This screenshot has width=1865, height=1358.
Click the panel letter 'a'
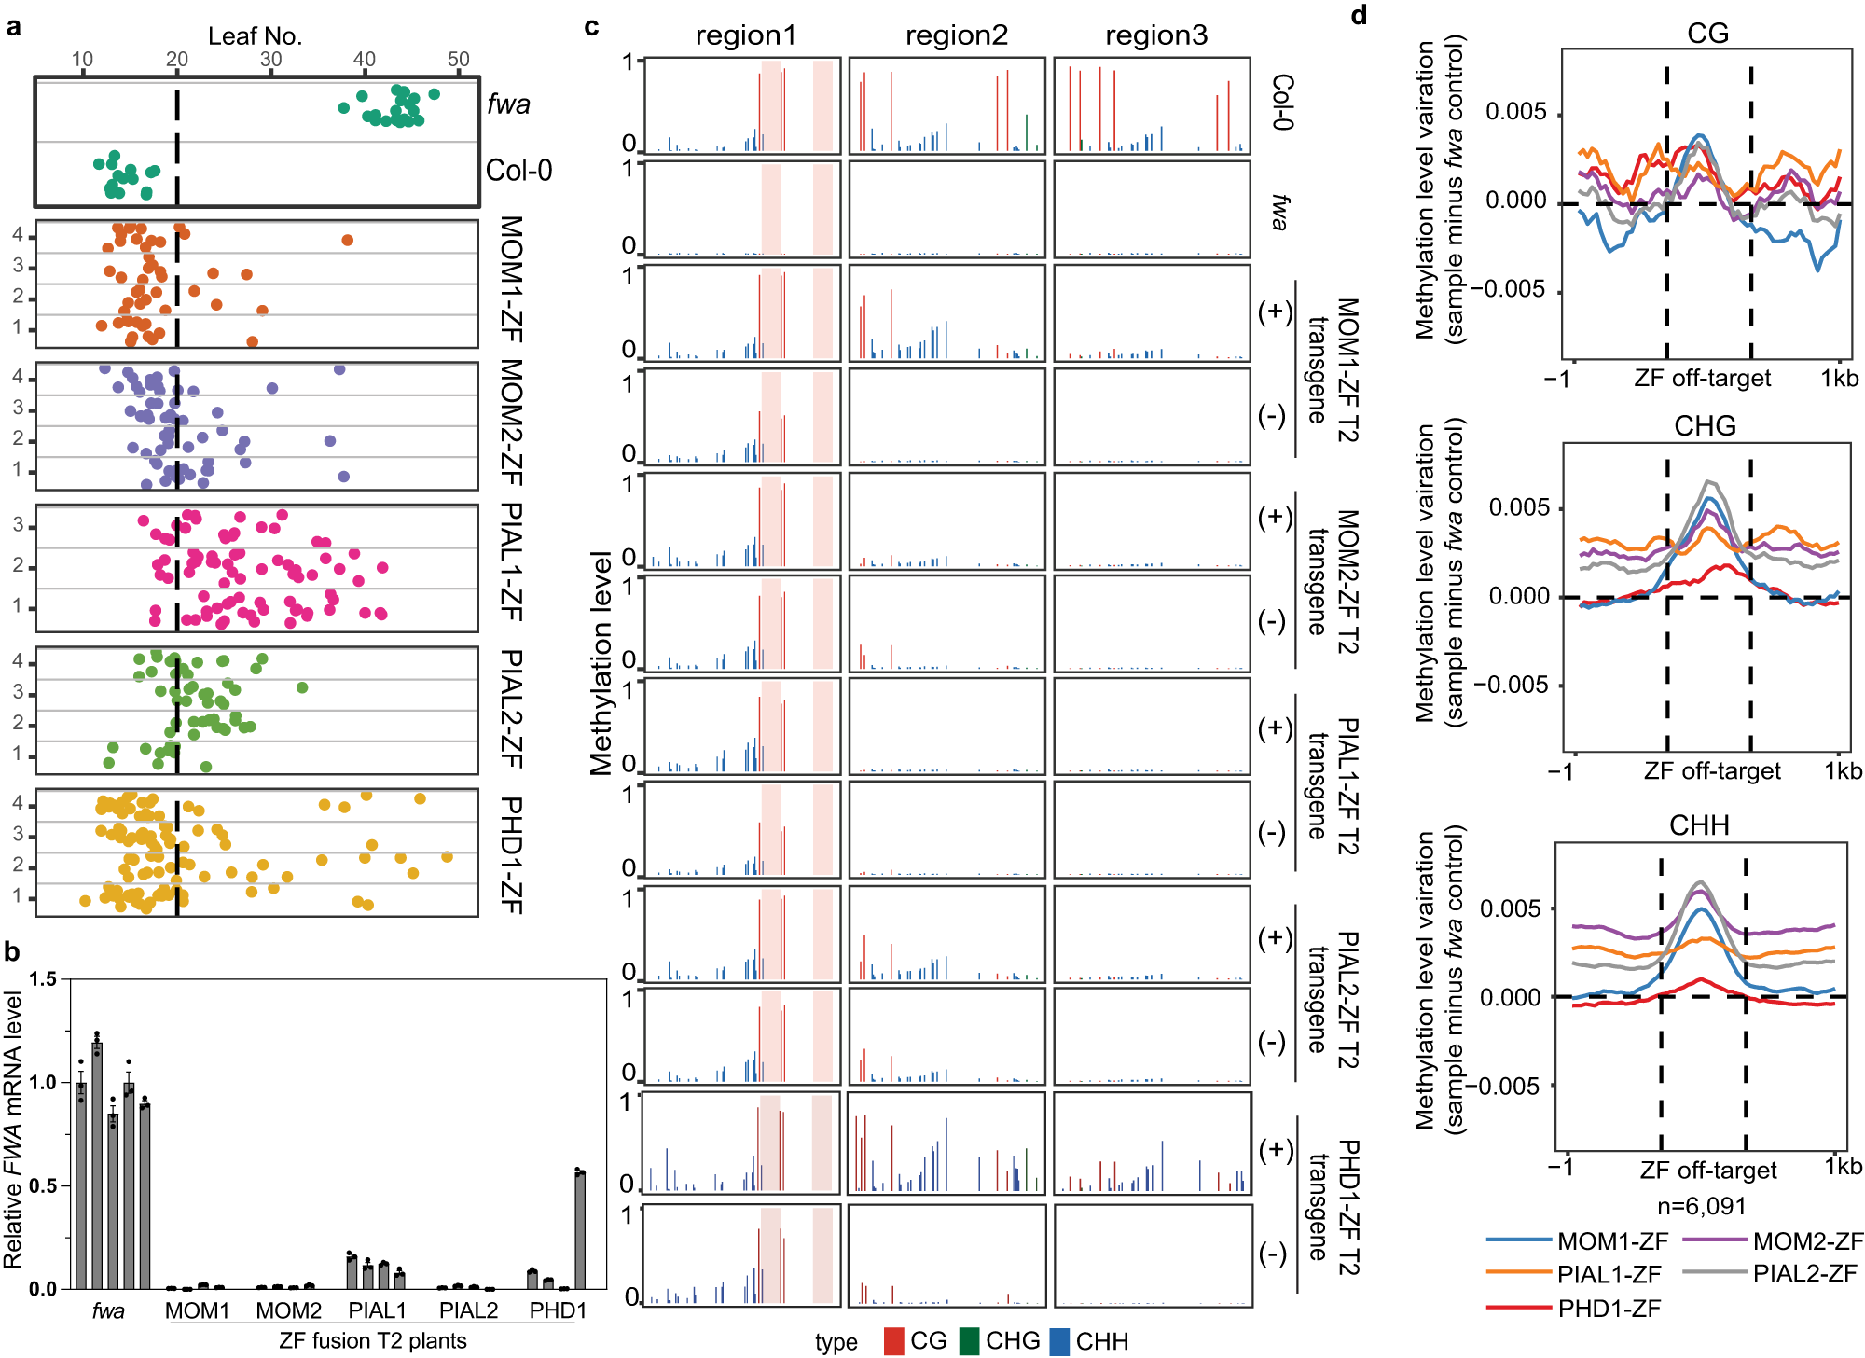coord(13,26)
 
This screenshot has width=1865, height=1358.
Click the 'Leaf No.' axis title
coord(255,36)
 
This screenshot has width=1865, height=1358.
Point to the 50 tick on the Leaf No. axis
coord(458,60)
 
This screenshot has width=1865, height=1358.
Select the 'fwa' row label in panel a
coord(508,104)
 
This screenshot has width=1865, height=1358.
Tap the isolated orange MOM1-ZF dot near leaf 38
coord(347,241)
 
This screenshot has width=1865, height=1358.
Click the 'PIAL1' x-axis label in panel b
coord(377,1310)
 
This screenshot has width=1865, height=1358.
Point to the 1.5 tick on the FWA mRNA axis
coord(43,979)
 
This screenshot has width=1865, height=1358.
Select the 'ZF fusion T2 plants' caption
coord(372,1340)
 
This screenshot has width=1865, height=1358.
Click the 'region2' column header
coord(956,35)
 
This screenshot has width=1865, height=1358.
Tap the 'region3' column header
coord(1155,35)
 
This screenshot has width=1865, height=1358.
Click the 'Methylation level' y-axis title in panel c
coord(601,662)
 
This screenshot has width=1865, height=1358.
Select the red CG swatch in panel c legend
coord(893,1341)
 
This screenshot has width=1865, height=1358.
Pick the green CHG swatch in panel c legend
coord(969,1341)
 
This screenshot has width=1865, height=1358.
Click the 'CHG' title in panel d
coord(1705,426)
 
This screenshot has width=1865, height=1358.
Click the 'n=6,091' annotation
coord(1701,1206)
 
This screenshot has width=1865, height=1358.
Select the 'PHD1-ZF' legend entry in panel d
coord(1609,1309)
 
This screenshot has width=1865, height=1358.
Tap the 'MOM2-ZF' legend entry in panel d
coord(1807,1241)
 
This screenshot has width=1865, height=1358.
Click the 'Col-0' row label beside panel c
coord(1283,102)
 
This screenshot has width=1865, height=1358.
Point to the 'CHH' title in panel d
coord(1699,825)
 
